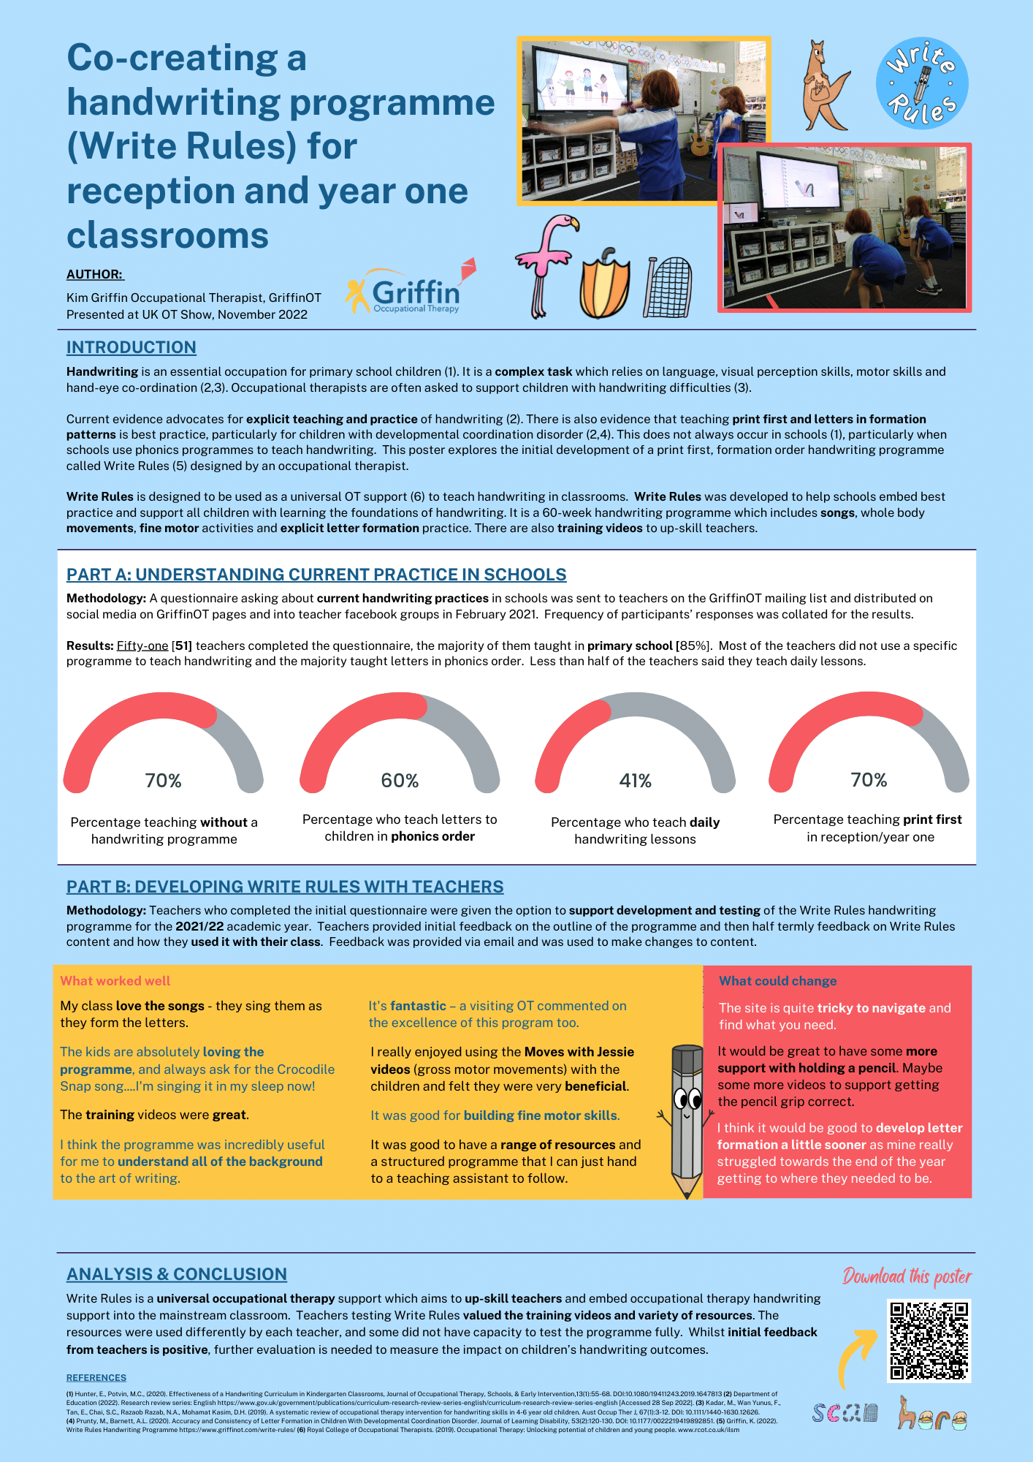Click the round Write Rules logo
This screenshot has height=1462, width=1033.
pos(922,83)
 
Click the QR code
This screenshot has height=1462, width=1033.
pos(929,1341)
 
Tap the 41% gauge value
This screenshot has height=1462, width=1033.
pos(635,781)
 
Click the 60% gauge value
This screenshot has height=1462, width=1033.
pos(400,781)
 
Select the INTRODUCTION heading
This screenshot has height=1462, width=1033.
pos(131,347)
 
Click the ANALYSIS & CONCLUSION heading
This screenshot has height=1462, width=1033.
pos(177,1274)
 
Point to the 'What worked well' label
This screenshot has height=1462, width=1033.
pos(115,981)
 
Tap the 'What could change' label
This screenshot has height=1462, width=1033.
pos(777,981)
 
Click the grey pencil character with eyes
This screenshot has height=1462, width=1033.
pos(686,1119)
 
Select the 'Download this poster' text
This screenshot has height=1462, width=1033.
pos(907,1276)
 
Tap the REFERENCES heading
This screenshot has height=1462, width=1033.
pos(96,1378)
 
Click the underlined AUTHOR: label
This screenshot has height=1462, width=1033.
pos(95,274)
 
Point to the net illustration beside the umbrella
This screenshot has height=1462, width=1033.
pos(668,287)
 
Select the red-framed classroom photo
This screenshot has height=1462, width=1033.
pos(845,227)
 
